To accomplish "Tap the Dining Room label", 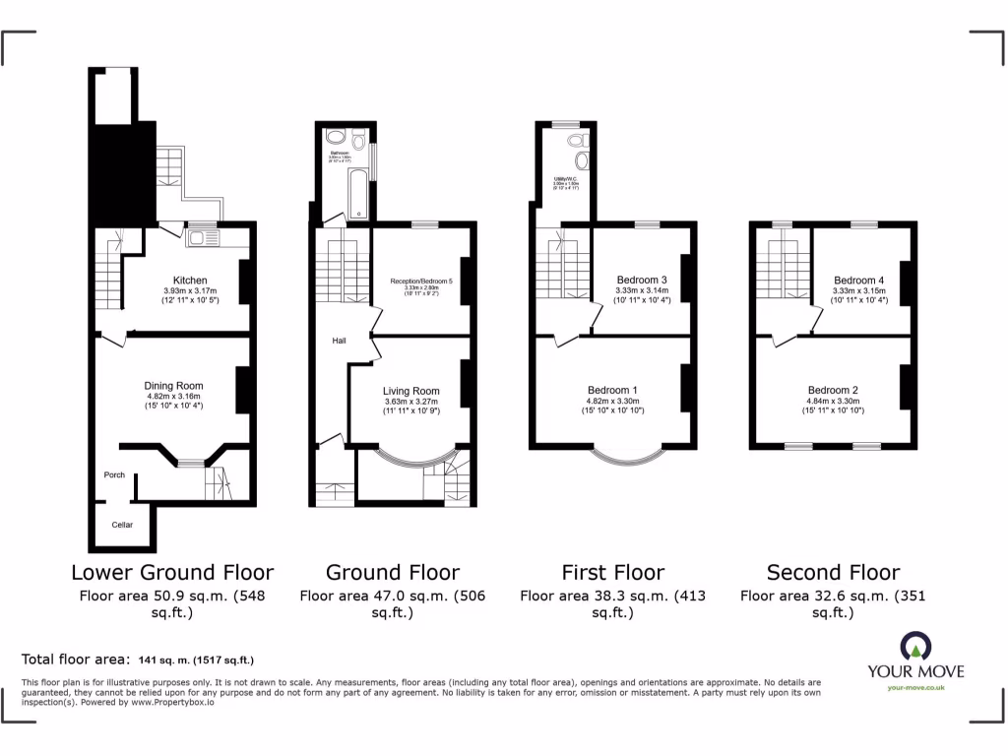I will click(x=173, y=386).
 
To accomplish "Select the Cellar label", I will click(x=122, y=525).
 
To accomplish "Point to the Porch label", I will click(x=114, y=475).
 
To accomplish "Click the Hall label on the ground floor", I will click(x=339, y=341).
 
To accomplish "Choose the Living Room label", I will click(x=411, y=391).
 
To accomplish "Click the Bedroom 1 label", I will click(x=613, y=389).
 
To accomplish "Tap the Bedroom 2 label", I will click(x=833, y=389).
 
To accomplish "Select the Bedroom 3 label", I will click(x=642, y=280).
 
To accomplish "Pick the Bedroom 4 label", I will click(x=859, y=280).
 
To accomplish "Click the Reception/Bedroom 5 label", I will click(x=421, y=282).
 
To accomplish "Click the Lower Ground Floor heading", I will click(x=172, y=572).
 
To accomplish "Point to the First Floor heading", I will click(x=613, y=572).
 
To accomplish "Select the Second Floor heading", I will click(x=833, y=572).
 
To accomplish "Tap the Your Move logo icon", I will click(x=915, y=646).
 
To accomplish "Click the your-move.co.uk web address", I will click(x=915, y=688).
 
